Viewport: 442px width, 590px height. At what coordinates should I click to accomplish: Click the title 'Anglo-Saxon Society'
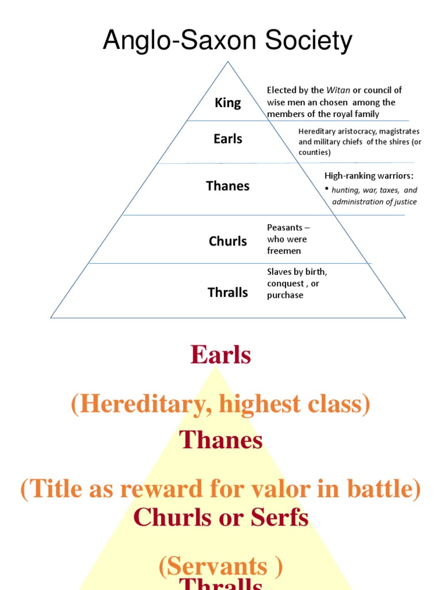[227, 41]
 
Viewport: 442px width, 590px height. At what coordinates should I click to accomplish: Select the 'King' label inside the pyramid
[228, 103]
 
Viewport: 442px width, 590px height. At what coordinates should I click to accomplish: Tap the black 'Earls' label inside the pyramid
[228, 139]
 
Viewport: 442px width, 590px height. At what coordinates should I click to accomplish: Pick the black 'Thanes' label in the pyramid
[228, 186]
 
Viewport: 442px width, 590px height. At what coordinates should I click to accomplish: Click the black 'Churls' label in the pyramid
[228, 241]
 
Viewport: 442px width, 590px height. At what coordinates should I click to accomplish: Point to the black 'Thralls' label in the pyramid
[228, 293]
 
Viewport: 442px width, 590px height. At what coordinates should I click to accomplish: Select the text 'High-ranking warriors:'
[369, 176]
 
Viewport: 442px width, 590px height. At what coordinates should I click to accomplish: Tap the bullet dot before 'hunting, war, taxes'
[326, 189]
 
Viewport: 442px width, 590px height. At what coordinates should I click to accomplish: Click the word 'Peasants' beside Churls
[285, 228]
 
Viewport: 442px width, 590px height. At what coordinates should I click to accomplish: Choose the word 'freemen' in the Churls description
[284, 251]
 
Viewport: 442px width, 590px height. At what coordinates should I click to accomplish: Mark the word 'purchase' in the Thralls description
[285, 295]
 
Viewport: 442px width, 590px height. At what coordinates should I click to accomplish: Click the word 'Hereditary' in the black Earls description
[318, 131]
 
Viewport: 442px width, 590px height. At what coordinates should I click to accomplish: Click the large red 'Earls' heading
[221, 355]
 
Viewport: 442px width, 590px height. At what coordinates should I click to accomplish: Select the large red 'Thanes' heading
[221, 441]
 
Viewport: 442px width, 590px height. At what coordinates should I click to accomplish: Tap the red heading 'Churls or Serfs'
[221, 518]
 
